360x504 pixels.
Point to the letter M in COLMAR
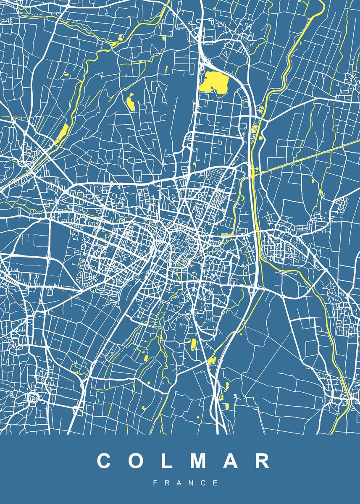click(200, 461)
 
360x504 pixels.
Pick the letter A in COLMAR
click(232, 461)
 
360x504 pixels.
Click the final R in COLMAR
click(263, 461)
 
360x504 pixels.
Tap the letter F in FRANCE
click(155, 483)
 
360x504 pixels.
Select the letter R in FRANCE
click(167, 483)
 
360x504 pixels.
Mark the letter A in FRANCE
click(179, 483)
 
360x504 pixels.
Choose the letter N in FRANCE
click(192, 483)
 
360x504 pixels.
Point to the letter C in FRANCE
click(204, 483)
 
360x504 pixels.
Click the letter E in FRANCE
click(216, 483)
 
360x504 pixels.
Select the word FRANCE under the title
click(185, 483)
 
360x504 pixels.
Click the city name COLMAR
click(184, 461)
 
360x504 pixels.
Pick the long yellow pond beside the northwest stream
click(62, 133)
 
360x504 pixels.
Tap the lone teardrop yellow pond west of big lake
click(130, 102)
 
